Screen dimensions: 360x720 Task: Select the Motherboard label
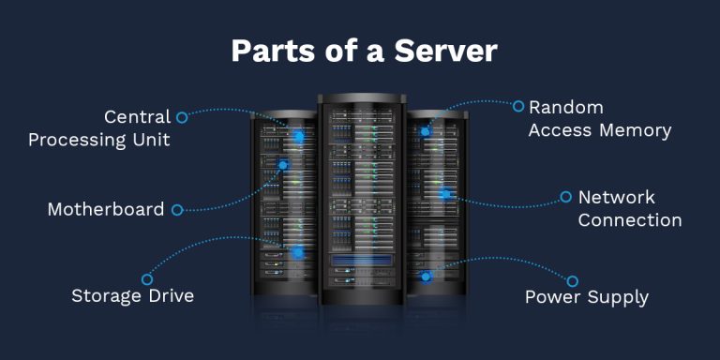click(105, 209)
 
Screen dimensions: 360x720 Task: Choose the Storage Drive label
click(132, 296)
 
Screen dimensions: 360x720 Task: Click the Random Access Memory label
click(600, 119)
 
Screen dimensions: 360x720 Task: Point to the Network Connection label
click(629, 209)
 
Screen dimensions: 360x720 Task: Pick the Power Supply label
click(586, 298)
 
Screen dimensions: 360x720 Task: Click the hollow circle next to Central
click(182, 117)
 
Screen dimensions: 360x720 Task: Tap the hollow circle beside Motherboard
click(177, 209)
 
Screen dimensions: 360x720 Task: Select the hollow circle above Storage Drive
click(147, 278)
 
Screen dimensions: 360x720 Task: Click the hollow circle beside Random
click(518, 106)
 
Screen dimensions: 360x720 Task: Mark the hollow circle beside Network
click(565, 197)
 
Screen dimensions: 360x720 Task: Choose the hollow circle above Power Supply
click(572, 280)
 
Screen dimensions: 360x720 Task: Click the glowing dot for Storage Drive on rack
click(297, 252)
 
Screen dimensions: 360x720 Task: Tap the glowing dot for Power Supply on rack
click(426, 277)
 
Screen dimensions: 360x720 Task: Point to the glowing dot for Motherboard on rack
click(283, 166)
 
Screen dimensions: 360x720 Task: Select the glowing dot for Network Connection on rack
click(445, 195)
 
